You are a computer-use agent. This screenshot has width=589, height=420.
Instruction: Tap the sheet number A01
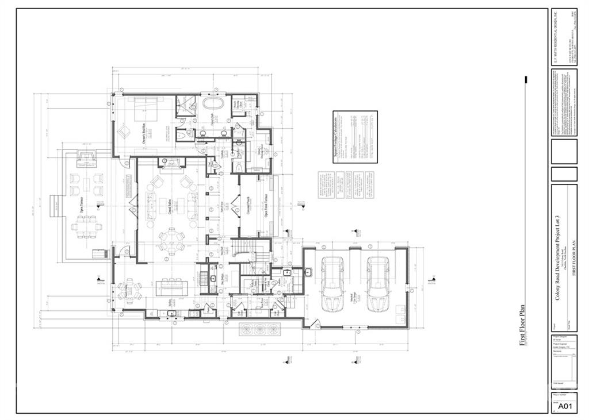(x=565, y=407)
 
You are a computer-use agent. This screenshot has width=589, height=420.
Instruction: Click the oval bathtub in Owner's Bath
(x=214, y=105)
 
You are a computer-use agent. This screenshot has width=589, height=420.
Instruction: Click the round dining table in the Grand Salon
(x=171, y=240)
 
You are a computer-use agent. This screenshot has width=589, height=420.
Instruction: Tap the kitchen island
(x=171, y=286)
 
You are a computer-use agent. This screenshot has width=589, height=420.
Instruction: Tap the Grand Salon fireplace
(x=171, y=165)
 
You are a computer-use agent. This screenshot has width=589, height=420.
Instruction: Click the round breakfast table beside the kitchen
(x=130, y=289)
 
